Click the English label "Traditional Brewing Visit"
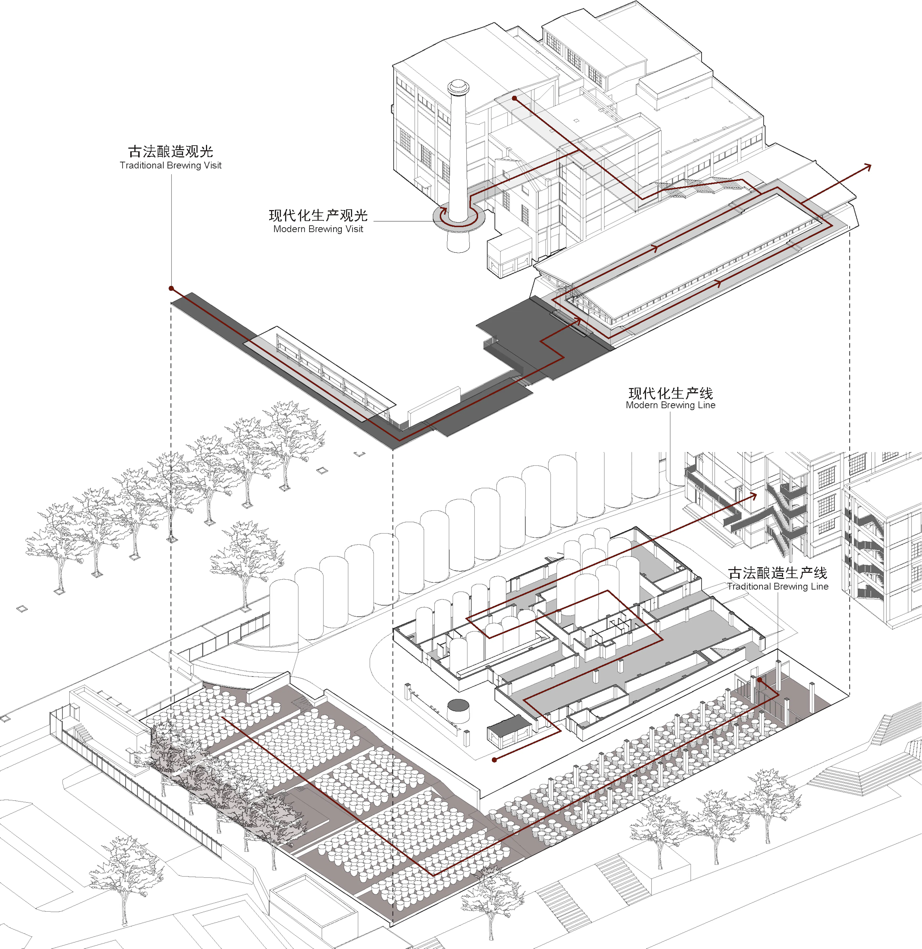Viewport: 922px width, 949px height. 170,165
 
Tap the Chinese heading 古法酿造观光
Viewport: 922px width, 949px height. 170,151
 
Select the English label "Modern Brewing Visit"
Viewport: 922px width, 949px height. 318,229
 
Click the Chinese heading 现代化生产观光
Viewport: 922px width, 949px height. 318,215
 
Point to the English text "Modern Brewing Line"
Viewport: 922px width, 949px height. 670,405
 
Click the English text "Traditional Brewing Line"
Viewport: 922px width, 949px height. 777,586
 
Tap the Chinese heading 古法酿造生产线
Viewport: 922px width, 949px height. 777,573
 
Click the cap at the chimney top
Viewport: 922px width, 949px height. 458,87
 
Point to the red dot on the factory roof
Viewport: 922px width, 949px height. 514,98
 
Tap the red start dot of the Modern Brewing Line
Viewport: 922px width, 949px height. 494,760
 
